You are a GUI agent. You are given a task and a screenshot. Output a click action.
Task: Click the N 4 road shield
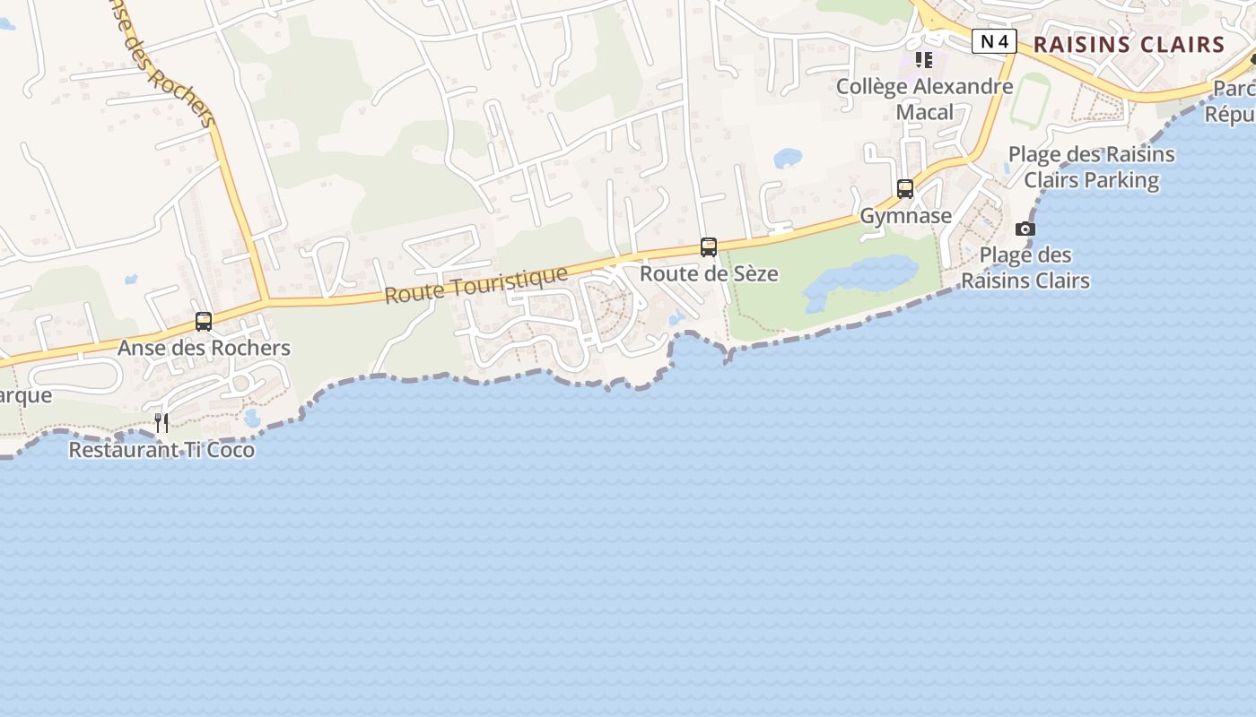coord(993,41)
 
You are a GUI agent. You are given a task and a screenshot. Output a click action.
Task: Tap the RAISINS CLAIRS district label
coord(1129,44)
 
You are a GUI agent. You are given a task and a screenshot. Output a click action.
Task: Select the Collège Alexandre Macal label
coord(924,99)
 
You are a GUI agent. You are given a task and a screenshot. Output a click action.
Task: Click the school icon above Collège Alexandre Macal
coord(924,60)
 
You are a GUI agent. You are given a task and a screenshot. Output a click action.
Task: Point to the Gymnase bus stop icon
coord(905,189)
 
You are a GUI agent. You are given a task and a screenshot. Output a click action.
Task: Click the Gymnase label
coord(905,216)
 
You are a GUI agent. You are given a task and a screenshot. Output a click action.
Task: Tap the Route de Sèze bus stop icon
coord(709,247)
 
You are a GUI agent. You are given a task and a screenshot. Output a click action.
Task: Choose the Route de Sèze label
coord(709,273)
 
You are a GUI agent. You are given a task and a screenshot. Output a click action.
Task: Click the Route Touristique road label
coord(476,285)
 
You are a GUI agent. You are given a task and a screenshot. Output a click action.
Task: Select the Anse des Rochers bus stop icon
coord(204,322)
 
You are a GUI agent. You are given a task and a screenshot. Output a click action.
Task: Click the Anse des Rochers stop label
coord(204,348)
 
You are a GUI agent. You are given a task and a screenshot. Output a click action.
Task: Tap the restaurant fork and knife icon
coord(161,422)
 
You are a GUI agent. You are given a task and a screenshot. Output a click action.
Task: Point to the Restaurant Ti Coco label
coord(161,450)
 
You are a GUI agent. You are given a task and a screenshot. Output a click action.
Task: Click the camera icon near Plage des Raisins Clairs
coord(1025,229)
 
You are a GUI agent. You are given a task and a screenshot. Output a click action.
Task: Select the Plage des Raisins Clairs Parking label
coord(1091,167)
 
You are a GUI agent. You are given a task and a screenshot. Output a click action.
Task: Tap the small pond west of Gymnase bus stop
coord(787,159)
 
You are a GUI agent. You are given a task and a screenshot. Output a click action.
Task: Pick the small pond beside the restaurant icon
coord(252,418)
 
